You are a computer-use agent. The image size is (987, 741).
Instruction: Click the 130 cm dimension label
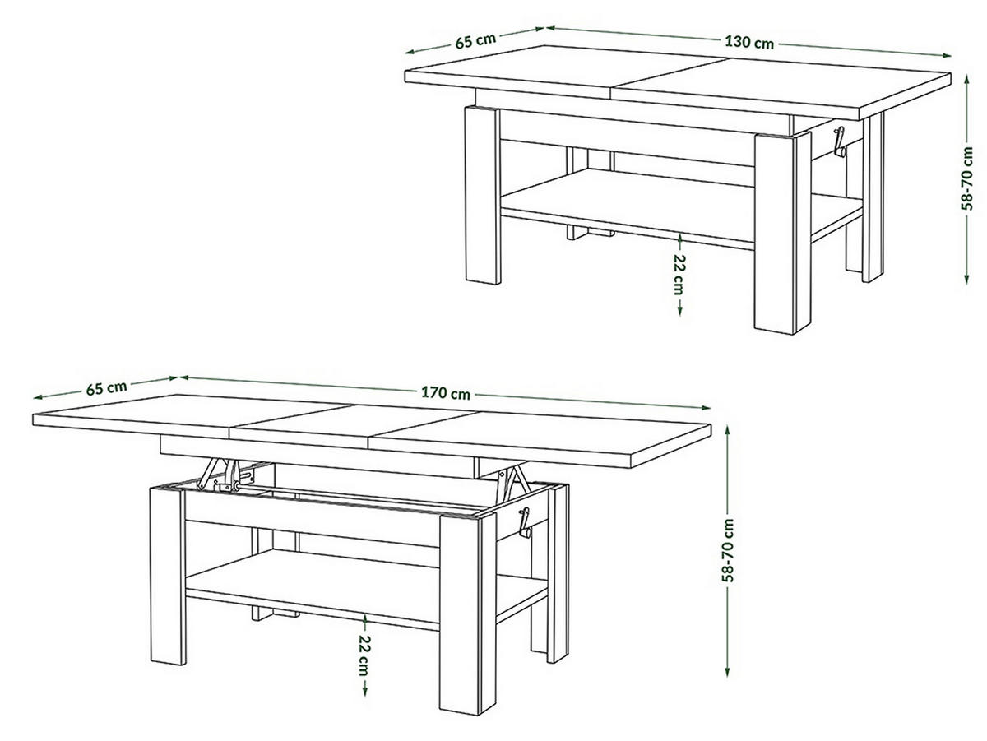click(748, 43)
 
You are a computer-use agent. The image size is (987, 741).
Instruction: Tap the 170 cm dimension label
click(445, 393)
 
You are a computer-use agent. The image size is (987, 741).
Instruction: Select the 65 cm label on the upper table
click(475, 40)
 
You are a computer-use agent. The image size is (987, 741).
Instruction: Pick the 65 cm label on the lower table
click(107, 387)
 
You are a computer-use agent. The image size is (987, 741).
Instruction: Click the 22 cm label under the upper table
click(679, 275)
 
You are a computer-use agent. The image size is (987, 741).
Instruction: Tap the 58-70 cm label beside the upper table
click(966, 178)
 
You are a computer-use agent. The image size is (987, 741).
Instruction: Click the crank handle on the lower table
click(524, 523)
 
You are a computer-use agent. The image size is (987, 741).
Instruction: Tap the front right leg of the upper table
click(782, 234)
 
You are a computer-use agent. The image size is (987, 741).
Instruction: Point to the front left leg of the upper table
click(483, 195)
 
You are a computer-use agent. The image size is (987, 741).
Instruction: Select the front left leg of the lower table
click(168, 576)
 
